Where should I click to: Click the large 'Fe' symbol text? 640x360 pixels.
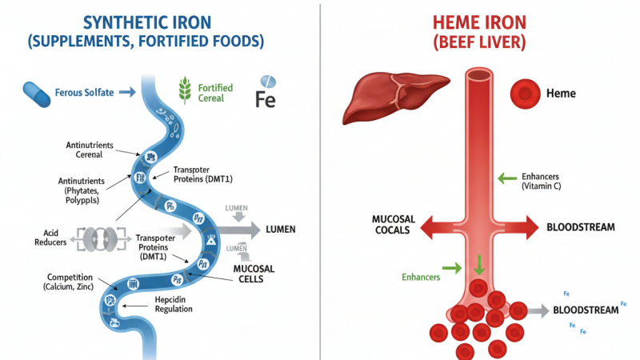click(265, 99)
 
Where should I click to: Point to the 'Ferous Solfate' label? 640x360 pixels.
click(84, 93)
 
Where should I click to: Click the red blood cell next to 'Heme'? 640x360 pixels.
click(525, 94)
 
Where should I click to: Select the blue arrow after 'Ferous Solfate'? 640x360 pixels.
click(126, 93)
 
